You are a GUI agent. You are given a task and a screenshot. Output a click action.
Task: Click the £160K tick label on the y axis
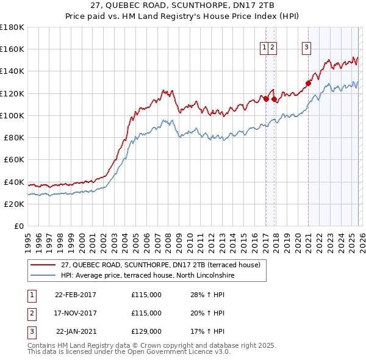click(x=12, y=49)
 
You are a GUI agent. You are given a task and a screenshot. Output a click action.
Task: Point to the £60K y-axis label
click(x=14, y=159)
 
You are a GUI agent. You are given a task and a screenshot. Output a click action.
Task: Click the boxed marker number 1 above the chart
click(x=264, y=49)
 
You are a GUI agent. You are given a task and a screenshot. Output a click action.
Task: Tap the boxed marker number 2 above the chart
click(x=272, y=49)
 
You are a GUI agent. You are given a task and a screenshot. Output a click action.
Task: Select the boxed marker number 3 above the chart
click(x=306, y=49)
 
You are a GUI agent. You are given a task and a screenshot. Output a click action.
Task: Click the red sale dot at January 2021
click(x=308, y=83)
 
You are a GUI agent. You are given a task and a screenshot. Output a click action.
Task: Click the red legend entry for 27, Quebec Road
click(x=161, y=265)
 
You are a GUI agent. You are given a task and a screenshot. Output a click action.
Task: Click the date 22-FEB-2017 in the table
click(x=76, y=295)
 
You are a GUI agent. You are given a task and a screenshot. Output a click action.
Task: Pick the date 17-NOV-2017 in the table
click(x=76, y=313)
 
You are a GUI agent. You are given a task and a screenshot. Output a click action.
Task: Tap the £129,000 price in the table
click(x=146, y=331)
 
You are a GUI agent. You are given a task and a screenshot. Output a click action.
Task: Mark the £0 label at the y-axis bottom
click(x=20, y=226)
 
